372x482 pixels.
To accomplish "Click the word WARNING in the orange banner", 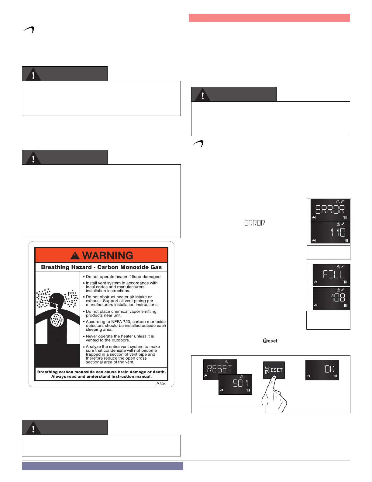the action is [x=108, y=256].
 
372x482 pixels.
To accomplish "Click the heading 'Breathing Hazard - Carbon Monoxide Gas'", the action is [x=101, y=267].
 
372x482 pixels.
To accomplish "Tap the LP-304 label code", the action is [x=160, y=384].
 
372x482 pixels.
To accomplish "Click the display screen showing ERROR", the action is [x=330, y=210].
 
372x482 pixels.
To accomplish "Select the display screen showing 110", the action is [x=330, y=232].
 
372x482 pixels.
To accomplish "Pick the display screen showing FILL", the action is [x=331, y=275].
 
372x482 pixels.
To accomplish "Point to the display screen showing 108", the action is [x=331, y=298].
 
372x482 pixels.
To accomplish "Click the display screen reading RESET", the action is [x=219, y=369].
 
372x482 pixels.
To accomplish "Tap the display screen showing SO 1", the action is [x=236, y=384].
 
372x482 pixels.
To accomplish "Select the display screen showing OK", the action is [x=322, y=370].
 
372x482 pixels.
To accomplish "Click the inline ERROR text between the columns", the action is [x=254, y=223].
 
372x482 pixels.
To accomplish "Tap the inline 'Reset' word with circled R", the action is [x=270, y=341].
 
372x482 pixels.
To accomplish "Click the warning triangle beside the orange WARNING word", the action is [x=75, y=256].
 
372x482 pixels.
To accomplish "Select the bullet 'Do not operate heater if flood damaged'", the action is [x=123, y=277].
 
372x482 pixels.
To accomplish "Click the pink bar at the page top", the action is [x=269, y=18].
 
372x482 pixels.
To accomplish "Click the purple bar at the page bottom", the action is [x=102, y=466].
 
